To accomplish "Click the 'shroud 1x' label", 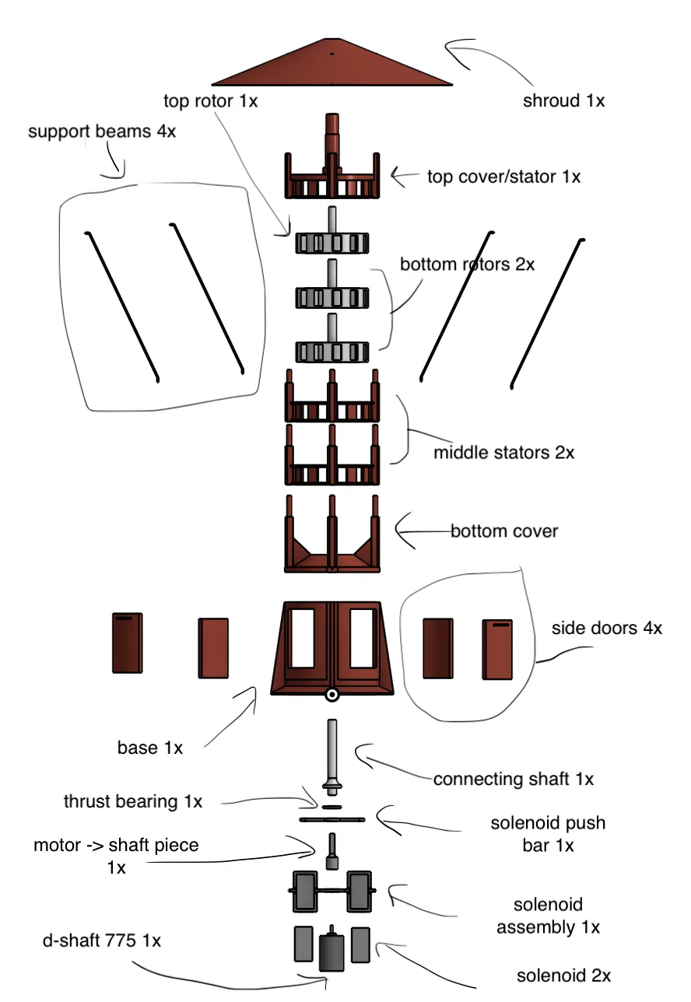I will pyautogui.click(x=563, y=100).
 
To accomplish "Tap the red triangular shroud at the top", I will pyautogui.click(x=332, y=66).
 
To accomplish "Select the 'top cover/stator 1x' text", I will pyautogui.click(x=503, y=177).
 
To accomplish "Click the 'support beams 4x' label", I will pyautogui.click(x=102, y=131).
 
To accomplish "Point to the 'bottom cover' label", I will pyautogui.click(x=504, y=532).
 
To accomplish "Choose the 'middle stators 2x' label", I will pyautogui.click(x=503, y=452).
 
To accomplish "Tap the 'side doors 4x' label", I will pyautogui.click(x=607, y=628).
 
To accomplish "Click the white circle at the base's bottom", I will pyautogui.click(x=332, y=695).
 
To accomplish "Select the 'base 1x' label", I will pyautogui.click(x=150, y=748).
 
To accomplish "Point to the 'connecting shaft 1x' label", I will pyautogui.click(x=514, y=779).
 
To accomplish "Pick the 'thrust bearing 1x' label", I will pyautogui.click(x=133, y=801).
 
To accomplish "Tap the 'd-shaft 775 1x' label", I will pyautogui.click(x=102, y=940).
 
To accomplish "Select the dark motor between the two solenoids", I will pyautogui.click(x=332, y=951).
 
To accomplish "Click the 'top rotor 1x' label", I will pyautogui.click(x=211, y=100).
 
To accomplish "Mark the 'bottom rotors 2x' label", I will pyautogui.click(x=467, y=265).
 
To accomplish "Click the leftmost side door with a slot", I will pyautogui.click(x=127, y=642).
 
